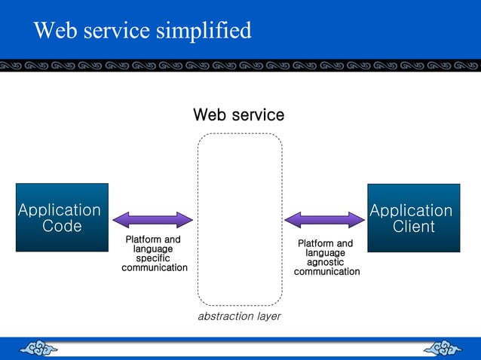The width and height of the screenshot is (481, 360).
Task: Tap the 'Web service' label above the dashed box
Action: pyautogui.click(x=238, y=115)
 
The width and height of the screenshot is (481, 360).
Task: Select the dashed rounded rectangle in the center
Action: pyautogui.click(x=240, y=218)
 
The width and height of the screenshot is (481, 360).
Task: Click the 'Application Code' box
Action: pyautogui.click(x=62, y=217)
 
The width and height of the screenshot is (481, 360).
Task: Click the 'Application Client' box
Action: pyautogui.click(x=413, y=218)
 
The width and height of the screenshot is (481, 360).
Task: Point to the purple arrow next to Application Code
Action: pyautogui.click(x=153, y=220)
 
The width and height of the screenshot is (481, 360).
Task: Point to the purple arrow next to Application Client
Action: pyautogui.click(x=324, y=220)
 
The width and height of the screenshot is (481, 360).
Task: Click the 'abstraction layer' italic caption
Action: pyautogui.click(x=239, y=316)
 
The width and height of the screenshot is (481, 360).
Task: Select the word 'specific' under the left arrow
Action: pyautogui.click(x=153, y=258)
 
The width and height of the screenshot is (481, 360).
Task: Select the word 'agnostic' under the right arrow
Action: pyautogui.click(x=325, y=262)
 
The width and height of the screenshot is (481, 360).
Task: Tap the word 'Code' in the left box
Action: pyautogui.click(x=62, y=226)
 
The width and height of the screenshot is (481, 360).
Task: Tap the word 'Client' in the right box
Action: pyautogui.click(x=414, y=227)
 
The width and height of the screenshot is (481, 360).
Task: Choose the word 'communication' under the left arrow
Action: pyautogui.click(x=155, y=268)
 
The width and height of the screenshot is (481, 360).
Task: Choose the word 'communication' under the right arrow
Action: pyautogui.click(x=326, y=272)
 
